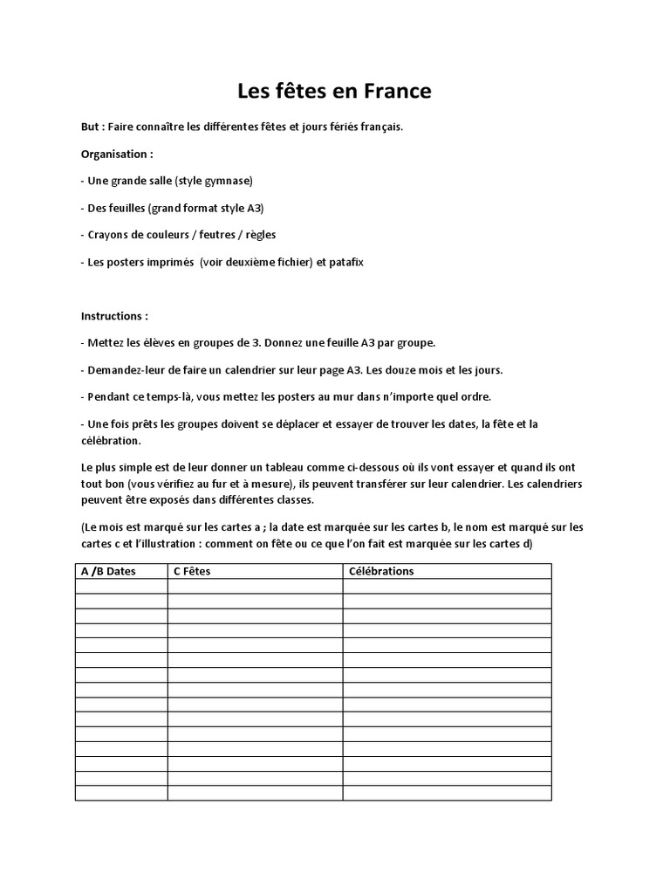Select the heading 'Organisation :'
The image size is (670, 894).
[x=117, y=154]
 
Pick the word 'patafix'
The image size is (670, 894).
[x=345, y=262]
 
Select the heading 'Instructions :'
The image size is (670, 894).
[x=114, y=315]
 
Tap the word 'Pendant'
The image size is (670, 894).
[x=109, y=396]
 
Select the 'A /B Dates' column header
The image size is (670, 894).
[x=108, y=571]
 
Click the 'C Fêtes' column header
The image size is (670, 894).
[x=192, y=571]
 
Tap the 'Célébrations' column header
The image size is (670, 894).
[x=381, y=571]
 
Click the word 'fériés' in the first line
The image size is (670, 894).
[x=332, y=127]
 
